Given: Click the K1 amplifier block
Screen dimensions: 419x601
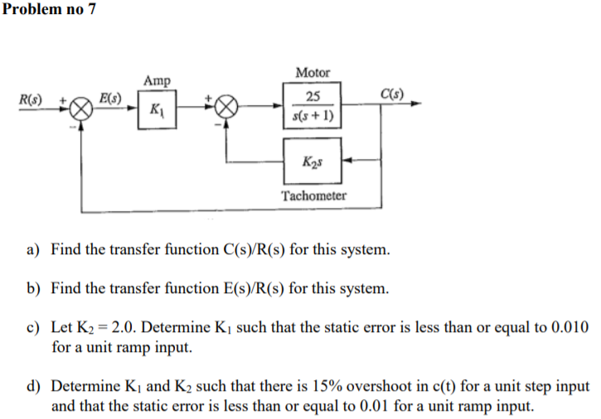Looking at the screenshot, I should [155, 109].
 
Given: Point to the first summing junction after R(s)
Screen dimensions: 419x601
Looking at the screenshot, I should [80, 108].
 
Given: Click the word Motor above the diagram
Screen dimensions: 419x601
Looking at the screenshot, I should [312, 73].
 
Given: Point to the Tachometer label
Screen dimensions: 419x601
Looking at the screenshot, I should [313, 196].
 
